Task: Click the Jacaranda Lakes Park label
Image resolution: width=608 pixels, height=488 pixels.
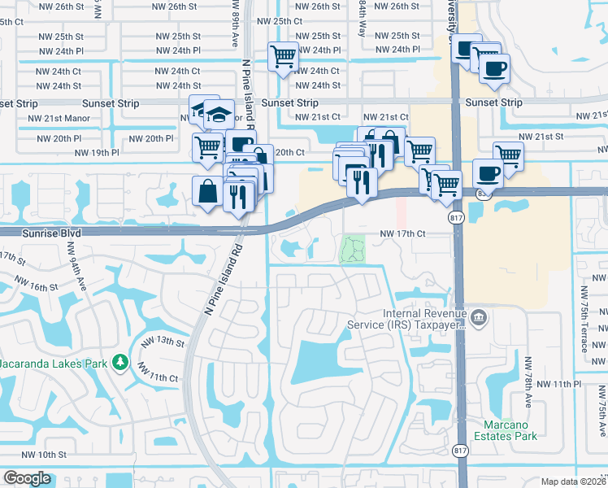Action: [x=54, y=360]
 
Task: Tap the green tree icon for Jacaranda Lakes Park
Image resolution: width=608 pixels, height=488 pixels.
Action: [x=120, y=360]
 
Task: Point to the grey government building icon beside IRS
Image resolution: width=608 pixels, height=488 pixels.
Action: [x=479, y=316]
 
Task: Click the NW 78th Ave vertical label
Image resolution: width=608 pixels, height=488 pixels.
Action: [x=528, y=381]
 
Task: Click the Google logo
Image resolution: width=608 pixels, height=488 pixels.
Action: [x=27, y=478]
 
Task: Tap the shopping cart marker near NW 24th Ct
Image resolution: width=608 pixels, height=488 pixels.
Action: [x=284, y=57]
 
